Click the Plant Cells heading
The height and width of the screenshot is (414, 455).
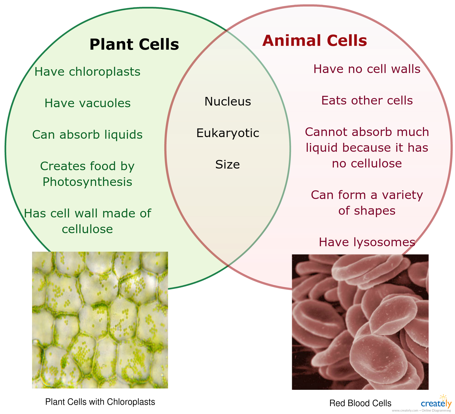(134, 45)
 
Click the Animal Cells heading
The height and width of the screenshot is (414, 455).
(315, 41)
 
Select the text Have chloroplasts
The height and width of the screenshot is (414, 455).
(87, 72)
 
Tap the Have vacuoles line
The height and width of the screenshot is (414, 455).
(87, 103)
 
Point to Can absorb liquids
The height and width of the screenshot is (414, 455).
(87, 135)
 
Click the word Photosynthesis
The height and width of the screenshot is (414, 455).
(87, 182)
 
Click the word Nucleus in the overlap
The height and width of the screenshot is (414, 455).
(228, 102)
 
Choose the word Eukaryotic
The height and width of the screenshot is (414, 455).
(228, 133)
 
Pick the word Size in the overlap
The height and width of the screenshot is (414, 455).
(228, 165)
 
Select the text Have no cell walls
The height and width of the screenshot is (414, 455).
(367, 69)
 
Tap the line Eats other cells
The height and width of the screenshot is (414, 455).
(367, 100)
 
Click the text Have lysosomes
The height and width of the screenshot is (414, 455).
(367, 242)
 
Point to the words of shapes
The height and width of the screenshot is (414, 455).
(367, 211)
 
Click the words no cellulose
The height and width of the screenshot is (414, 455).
(367, 163)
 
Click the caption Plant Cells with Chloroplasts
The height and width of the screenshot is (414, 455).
(100, 402)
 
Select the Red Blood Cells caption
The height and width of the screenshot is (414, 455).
(360, 403)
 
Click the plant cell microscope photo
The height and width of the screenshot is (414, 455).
(100, 320)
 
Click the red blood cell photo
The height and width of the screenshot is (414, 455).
(360, 322)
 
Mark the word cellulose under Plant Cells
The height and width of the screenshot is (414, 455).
(87, 229)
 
